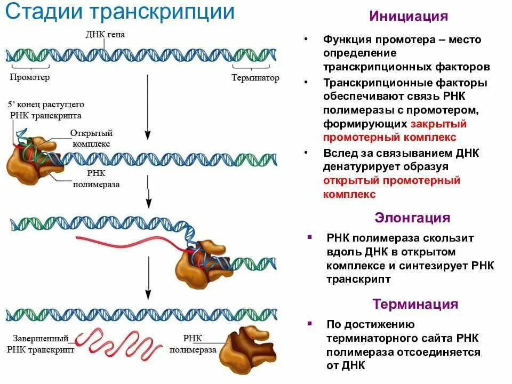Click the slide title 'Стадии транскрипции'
pyautogui.click(x=121, y=12)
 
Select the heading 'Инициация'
pyautogui.click(x=409, y=17)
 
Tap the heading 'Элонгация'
pyautogui.click(x=412, y=218)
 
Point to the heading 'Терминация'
pyautogui.click(x=415, y=304)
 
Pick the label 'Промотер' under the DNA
pyautogui.click(x=29, y=78)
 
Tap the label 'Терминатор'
pyautogui.click(x=255, y=78)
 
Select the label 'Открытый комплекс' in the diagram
pyautogui.click(x=91, y=138)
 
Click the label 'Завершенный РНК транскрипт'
pyautogui.click(x=41, y=344)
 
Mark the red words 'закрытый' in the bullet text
pyautogui.click(x=438, y=124)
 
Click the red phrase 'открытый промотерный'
pyautogui.click(x=391, y=180)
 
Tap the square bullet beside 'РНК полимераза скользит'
pyautogui.click(x=309, y=238)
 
